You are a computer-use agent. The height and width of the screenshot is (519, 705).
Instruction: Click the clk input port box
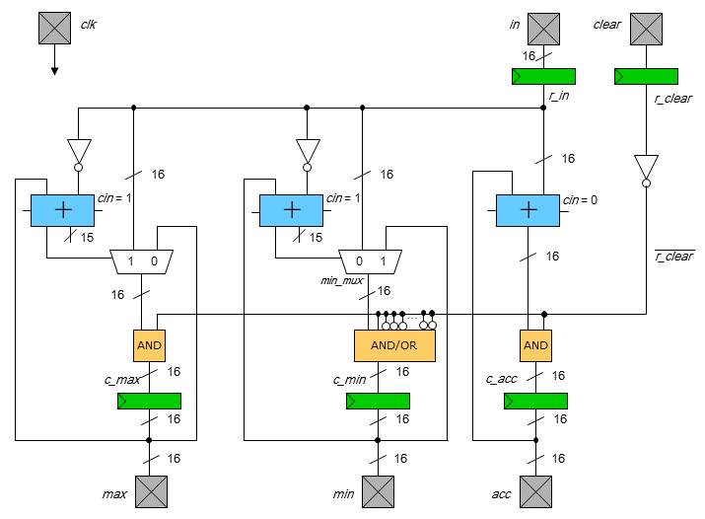54,29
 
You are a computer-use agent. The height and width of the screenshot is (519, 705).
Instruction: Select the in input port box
543,29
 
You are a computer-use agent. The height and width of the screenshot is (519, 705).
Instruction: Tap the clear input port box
646,29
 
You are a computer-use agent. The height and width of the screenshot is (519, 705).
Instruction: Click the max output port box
150,491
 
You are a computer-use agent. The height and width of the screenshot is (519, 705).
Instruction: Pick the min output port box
378,491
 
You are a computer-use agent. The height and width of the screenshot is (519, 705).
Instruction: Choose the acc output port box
535,491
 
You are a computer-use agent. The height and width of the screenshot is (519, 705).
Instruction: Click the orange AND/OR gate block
394,345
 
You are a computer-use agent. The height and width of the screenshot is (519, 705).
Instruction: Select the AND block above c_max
149,345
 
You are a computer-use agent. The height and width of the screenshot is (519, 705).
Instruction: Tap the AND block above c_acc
535,345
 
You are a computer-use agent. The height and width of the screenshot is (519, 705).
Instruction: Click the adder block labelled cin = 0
528,210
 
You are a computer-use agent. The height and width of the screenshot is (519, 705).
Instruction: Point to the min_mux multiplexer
370,261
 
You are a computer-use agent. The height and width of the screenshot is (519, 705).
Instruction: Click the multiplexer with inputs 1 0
141,261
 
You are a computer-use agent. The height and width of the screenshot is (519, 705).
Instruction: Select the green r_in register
543,76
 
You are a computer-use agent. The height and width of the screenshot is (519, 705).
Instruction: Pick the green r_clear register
646,76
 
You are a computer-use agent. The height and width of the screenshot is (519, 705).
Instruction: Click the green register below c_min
378,401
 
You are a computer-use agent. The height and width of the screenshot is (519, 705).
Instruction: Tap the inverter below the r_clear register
646,169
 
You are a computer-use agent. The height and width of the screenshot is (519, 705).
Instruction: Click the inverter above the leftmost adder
78,153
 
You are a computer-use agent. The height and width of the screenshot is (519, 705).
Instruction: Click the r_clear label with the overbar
673,257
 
